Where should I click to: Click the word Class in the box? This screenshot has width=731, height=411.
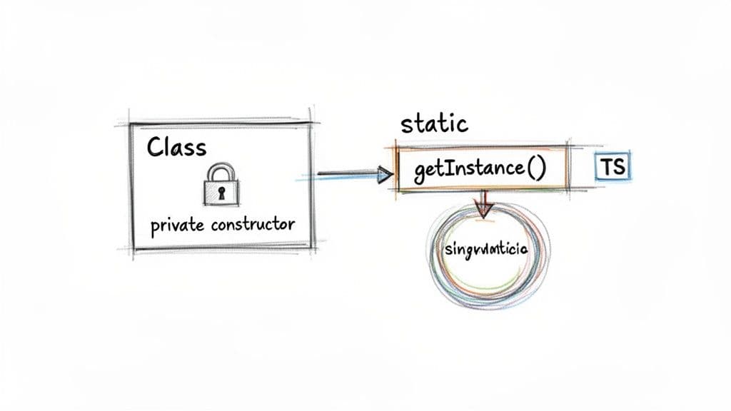click(176, 147)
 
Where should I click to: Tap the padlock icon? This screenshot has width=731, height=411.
click(221, 185)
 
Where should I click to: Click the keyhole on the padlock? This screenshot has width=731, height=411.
click(221, 193)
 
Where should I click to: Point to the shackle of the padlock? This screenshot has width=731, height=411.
click(221, 171)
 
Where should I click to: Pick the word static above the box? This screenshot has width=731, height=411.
click(434, 123)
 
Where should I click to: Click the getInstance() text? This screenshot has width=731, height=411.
click(480, 171)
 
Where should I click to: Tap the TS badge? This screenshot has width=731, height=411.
click(612, 168)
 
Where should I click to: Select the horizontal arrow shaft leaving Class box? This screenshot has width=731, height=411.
click(346, 173)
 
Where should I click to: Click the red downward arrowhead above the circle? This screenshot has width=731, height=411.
click(484, 209)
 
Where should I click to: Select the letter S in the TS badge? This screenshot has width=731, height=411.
click(618, 168)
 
